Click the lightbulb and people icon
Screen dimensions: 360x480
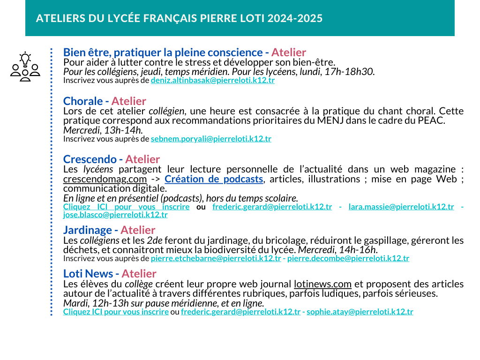(x=25, y=67)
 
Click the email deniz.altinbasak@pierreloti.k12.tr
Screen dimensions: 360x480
(x=212, y=80)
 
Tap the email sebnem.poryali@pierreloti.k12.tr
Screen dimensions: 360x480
(x=211, y=139)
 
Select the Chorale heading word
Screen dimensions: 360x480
(x=83, y=101)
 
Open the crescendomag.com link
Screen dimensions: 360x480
(x=105, y=179)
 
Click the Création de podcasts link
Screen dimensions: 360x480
(x=214, y=179)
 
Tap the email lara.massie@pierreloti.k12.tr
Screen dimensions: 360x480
(x=401, y=207)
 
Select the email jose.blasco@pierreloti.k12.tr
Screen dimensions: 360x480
(x=115, y=215)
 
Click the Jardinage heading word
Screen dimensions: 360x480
(x=88, y=230)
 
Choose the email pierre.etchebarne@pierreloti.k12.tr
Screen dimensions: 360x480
(x=216, y=258)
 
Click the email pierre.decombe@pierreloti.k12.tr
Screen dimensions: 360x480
(x=348, y=258)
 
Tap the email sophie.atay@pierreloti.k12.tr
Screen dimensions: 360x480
(x=360, y=312)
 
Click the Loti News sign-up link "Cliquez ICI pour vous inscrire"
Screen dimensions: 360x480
(x=116, y=312)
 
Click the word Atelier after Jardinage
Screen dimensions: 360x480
(x=138, y=230)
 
